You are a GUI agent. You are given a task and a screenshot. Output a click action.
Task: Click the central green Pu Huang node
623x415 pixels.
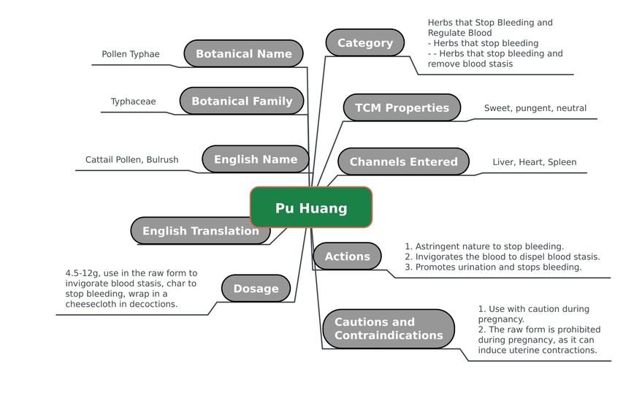tap(311, 207)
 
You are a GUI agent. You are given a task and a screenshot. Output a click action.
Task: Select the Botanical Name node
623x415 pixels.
tap(243, 53)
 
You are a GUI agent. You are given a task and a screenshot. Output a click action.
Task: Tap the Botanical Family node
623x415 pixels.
tap(242, 101)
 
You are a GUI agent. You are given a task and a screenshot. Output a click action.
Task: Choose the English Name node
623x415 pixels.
tap(256, 159)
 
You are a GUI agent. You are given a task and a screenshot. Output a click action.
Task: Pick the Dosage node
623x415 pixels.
tap(256, 288)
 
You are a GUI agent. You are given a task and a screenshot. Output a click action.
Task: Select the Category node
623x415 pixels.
tap(365, 42)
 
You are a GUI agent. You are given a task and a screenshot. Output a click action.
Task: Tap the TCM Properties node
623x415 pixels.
tap(402, 107)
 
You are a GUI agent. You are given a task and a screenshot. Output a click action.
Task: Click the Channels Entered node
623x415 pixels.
tap(404, 161)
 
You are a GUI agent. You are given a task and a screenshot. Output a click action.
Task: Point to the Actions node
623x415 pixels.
tap(347, 256)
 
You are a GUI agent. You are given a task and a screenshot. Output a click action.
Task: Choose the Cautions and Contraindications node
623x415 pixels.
tap(389, 329)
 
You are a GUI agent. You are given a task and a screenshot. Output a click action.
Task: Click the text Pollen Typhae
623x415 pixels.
tap(131, 54)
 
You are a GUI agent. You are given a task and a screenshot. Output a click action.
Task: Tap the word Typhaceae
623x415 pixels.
tap(133, 102)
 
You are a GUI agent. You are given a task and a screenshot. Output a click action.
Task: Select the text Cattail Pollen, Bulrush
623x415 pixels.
tap(132, 159)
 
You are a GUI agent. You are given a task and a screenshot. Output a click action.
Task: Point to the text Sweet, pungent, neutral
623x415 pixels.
tap(535, 108)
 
